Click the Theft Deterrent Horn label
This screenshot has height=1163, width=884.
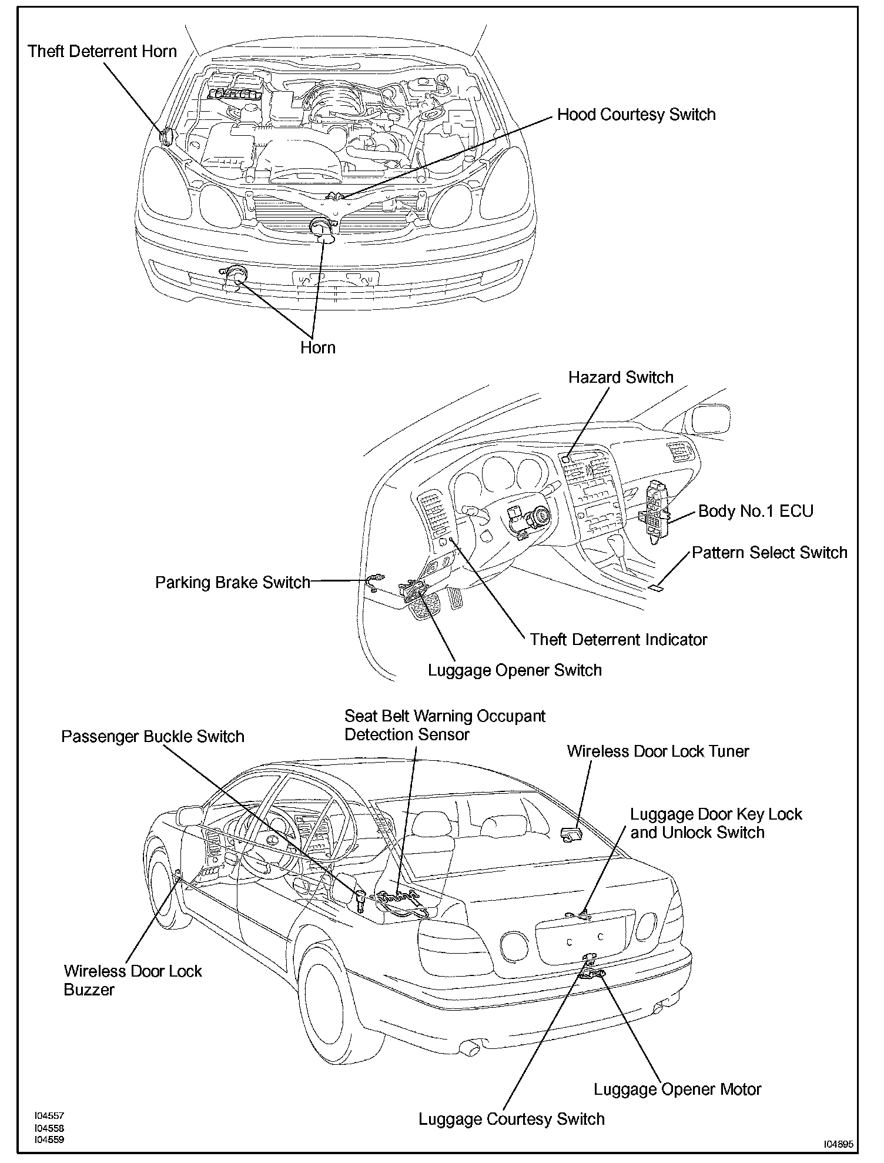click(102, 51)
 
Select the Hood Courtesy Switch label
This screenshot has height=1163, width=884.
click(636, 114)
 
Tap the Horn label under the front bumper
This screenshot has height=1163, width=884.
click(317, 347)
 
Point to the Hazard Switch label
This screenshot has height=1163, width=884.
click(621, 377)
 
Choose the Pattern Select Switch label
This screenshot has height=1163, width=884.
click(769, 553)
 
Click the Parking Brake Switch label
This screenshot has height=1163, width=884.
click(232, 582)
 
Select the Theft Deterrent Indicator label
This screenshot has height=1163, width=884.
click(618, 639)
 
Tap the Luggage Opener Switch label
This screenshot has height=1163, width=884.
click(514, 670)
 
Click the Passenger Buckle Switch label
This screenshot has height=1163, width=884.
click(153, 737)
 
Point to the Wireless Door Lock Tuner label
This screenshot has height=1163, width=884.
click(658, 751)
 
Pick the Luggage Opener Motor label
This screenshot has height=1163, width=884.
click(677, 1090)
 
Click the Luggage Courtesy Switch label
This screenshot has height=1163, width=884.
click(511, 1119)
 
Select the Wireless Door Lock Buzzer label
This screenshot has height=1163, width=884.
click(132, 980)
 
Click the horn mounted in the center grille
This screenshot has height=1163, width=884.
click(322, 228)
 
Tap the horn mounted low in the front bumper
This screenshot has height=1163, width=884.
click(235, 276)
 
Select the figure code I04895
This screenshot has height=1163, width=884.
click(838, 1144)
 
